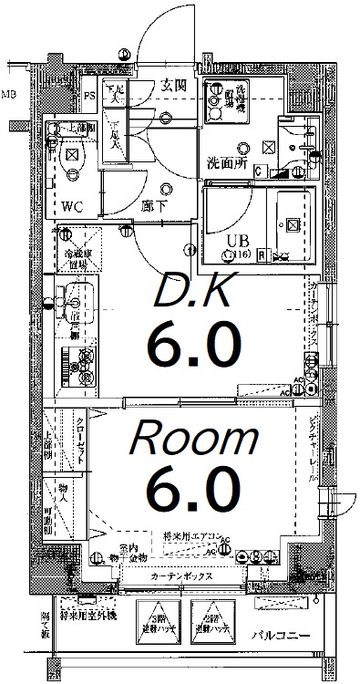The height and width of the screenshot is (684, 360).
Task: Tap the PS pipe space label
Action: (90, 95)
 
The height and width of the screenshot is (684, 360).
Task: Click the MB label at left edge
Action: (7, 92)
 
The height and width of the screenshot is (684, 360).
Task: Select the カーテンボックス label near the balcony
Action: (183, 577)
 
